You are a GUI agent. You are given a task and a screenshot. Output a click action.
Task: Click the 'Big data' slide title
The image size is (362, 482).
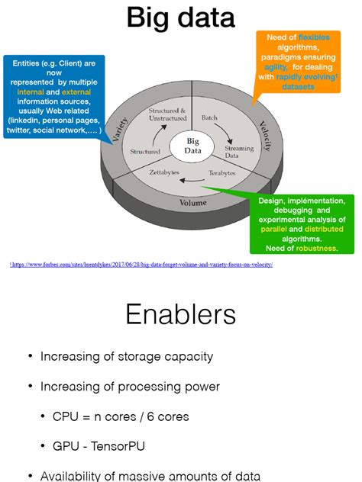pyautogui.click(x=181, y=18)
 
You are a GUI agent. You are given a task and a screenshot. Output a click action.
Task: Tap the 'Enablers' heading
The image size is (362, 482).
pyautogui.click(x=181, y=314)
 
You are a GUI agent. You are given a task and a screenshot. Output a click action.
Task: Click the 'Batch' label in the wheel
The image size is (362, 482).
pyautogui.click(x=209, y=119)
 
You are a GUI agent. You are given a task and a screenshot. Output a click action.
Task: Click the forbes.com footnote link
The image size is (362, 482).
pyautogui.click(x=142, y=265)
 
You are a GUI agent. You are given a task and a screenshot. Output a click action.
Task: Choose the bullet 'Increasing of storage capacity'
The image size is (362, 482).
pyautogui.click(x=127, y=356)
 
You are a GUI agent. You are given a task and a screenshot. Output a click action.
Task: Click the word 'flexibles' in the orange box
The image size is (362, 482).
pyautogui.click(x=315, y=37)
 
